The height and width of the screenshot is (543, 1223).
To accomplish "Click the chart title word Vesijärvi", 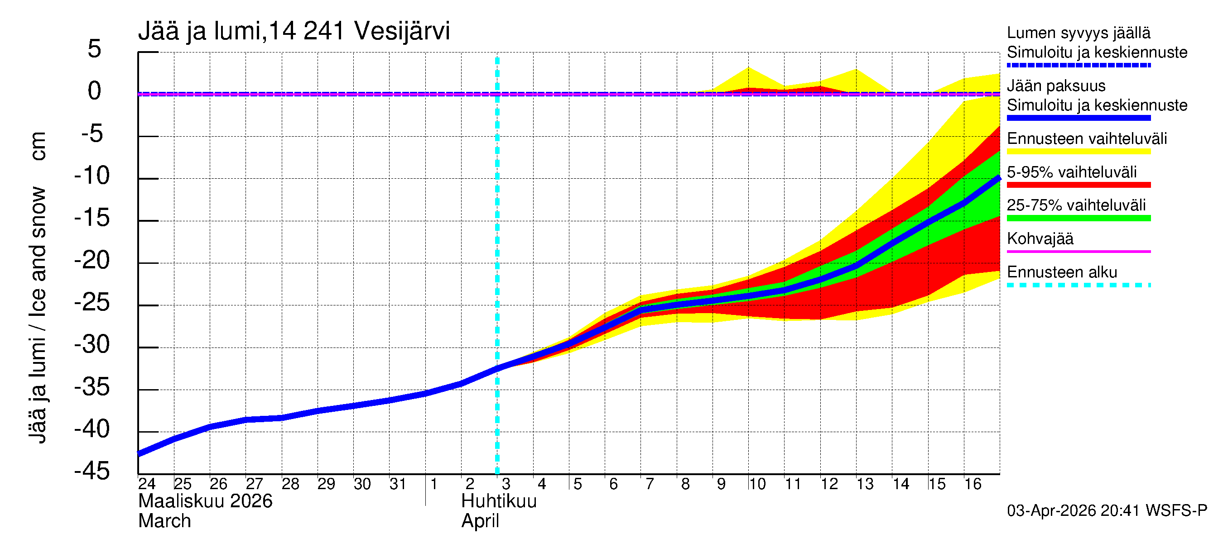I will pos(402,31).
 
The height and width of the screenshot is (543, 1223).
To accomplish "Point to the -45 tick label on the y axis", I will pos(92,472).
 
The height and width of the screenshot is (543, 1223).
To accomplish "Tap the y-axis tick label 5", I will pos(95,49).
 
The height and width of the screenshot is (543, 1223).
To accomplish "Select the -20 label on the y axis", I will pos(92,260).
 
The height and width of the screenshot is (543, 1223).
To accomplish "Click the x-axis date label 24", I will pos(147,484).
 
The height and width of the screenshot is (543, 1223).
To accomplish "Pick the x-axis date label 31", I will pos(398,484).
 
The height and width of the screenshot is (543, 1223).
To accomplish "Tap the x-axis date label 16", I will pos(973,484).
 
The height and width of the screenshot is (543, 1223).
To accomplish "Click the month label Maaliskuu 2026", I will pos(205,501).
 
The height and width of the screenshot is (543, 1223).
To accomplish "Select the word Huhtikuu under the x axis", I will pos(499,501).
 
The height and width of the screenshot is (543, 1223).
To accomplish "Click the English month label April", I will pos(480,521).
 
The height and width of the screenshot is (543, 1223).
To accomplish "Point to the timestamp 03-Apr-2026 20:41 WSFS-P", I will pos(1107,511).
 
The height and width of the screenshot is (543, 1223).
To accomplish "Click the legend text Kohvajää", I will pos(1040,238).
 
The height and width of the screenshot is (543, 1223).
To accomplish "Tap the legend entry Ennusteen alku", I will pos(1062,272).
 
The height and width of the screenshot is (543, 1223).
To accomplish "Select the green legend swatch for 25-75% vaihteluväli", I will pos(1078,218).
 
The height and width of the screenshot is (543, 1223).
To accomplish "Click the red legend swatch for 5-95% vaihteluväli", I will pos(1078,185).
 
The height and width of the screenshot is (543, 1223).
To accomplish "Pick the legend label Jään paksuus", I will pos(1056,86).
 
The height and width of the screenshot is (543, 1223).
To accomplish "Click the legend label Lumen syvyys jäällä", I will pos(1078,33).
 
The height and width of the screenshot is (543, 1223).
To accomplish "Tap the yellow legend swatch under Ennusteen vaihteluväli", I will pos(1078,152).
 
